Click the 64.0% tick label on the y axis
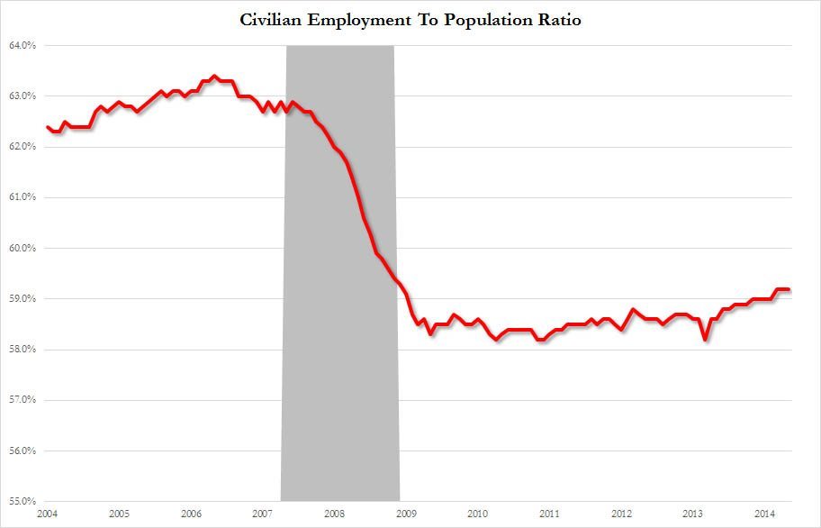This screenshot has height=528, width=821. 22,45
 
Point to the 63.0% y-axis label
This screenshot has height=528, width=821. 22,96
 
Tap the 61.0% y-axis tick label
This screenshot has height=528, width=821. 22,197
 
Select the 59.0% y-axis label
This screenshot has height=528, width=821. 22,299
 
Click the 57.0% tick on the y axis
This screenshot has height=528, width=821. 22,400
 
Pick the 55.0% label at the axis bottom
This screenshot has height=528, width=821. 22,501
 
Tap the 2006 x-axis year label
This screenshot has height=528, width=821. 191,514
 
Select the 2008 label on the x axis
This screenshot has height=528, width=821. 334,514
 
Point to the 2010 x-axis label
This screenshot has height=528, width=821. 478,514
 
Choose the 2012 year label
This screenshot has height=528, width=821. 621,514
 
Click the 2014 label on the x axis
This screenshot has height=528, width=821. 765,514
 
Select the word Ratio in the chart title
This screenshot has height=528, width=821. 560,20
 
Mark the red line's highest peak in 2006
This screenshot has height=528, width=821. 214,76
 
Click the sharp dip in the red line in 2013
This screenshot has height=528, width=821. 705,340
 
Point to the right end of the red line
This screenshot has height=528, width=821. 789,289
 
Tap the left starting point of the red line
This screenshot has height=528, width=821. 47,127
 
